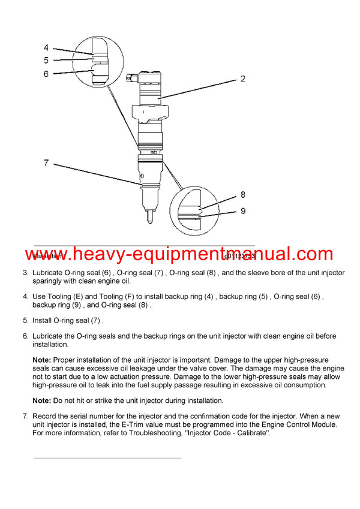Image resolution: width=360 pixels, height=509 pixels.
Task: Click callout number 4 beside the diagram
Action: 46,47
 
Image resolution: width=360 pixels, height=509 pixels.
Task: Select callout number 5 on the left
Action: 46,60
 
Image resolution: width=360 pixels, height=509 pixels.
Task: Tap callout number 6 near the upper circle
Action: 46,73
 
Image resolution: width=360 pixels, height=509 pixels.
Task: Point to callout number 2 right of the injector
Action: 242,79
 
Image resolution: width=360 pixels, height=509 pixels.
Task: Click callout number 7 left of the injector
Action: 46,162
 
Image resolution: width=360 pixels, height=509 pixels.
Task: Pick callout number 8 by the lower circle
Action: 242,195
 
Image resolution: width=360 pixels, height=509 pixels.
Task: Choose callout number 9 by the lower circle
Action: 242,210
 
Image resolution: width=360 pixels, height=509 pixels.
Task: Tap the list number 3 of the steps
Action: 25,273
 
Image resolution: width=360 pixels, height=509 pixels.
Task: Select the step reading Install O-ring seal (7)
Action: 68,320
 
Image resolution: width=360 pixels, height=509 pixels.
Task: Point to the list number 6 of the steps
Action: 25,336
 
